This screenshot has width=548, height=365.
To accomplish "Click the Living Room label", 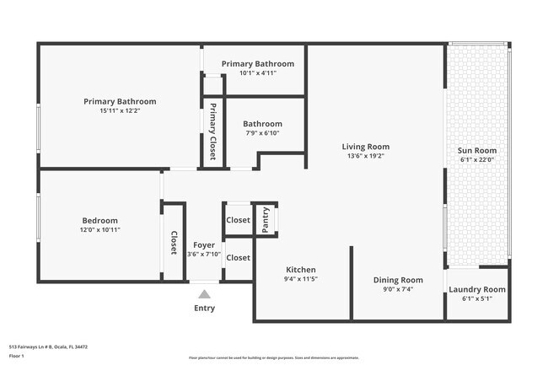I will pyautogui.click(x=365, y=146).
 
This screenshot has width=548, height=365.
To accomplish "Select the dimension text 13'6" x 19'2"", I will pyautogui.click(x=365, y=156).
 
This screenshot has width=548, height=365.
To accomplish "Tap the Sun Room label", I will pyautogui.click(x=476, y=150).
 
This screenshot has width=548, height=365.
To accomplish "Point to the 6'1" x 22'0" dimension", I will pyautogui.click(x=476, y=160).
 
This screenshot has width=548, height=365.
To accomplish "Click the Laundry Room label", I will pyautogui.click(x=476, y=289).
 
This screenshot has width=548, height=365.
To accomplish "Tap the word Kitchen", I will pyautogui.click(x=300, y=270).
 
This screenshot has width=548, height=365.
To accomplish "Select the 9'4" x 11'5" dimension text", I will pyautogui.click(x=300, y=279).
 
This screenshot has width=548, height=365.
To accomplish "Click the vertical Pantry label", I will pyautogui.click(x=266, y=220).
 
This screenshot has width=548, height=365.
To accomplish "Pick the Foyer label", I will pyautogui.click(x=204, y=244).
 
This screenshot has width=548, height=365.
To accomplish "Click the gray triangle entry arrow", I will pyautogui.click(x=204, y=294).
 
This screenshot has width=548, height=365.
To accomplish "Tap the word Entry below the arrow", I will pyautogui.click(x=204, y=308).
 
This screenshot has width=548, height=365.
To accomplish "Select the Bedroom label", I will pyautogui.click(x=100, y=220).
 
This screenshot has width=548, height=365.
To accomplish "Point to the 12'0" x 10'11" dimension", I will pyautogui.click(x=100, y=229).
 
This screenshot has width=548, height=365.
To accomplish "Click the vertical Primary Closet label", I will pyautogui.click(x=213, y=131).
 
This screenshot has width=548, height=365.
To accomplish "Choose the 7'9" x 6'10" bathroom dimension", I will pyautogui.click(x=262, y=132).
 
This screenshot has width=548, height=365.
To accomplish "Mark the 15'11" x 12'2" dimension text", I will pyautogui.click(x=120, y=110).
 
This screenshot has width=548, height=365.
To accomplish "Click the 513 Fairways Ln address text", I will pyautogui.click(x=48, y=346).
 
